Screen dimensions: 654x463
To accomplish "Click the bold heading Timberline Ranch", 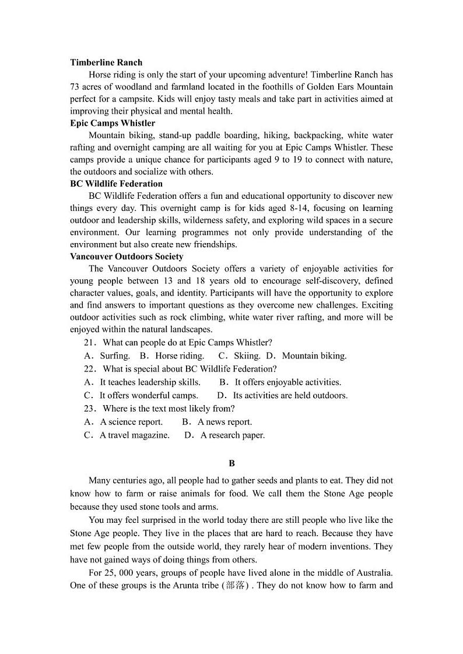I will pos(106,62).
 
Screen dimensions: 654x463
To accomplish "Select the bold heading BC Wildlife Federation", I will pos(116,184).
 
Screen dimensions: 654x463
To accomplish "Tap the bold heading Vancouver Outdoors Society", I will pos(127,256).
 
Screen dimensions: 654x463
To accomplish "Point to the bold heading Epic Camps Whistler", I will pos(113,123).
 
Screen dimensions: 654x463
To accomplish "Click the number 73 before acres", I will pos(75,87).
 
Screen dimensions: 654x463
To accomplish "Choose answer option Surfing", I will pos(115,356).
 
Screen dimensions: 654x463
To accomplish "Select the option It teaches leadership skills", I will pos(150,382).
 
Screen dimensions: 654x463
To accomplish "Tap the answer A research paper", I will pos(232,435).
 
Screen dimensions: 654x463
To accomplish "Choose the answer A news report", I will pos(225,422).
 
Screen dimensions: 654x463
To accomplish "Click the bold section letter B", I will pos(232,463).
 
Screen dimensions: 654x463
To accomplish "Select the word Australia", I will pos(373,572).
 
